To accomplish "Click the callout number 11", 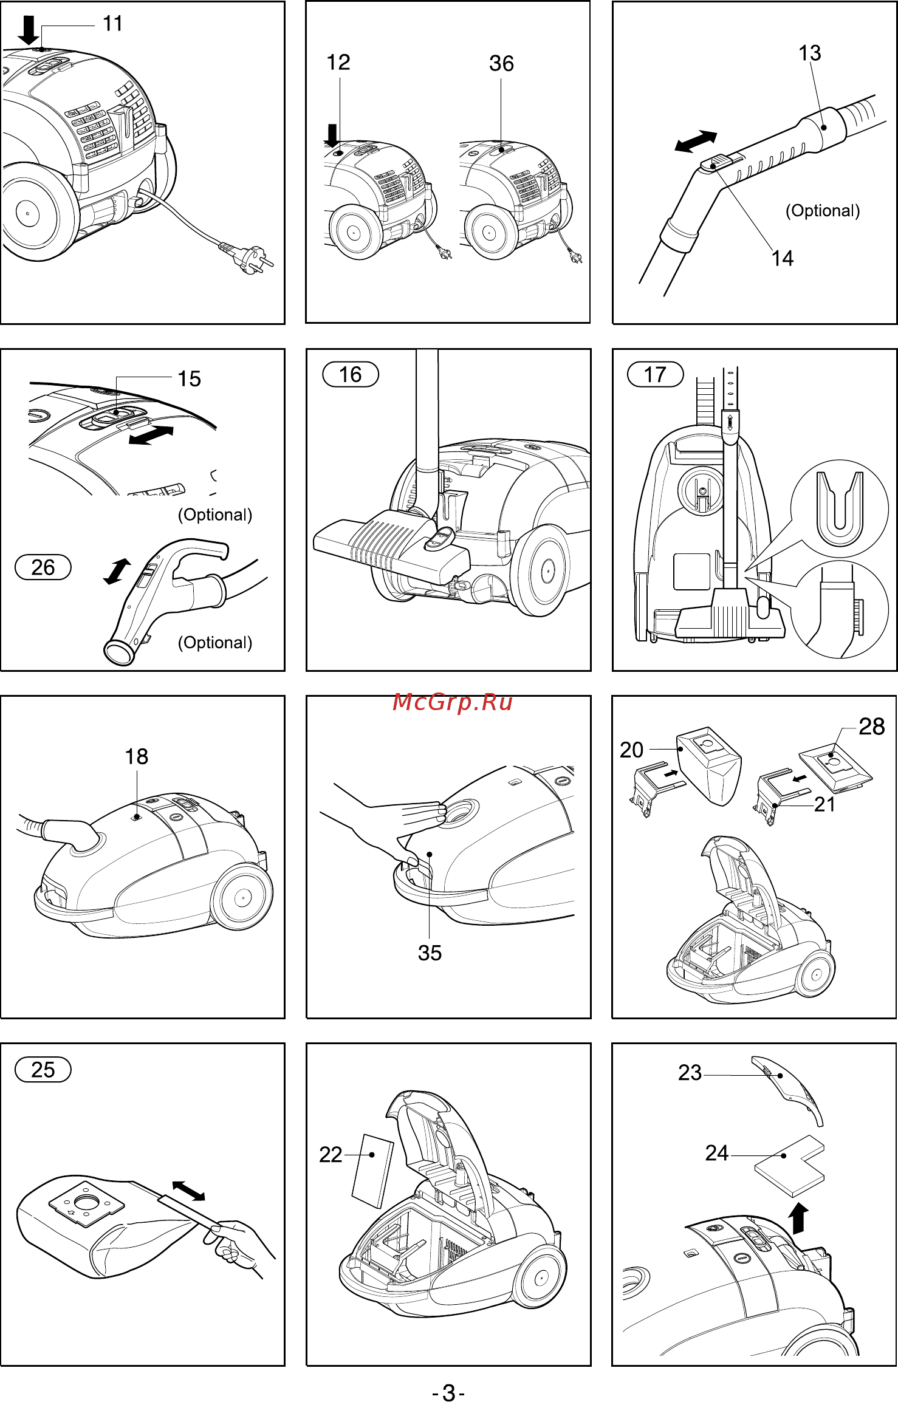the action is point(113,24).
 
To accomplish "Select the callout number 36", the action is point(501,63).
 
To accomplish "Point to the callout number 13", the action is point(809,53).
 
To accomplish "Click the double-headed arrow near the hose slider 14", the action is point(696,142).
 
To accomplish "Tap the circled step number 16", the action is point(351,374).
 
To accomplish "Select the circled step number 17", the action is point(656,374).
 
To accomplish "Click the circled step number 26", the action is point(43,567).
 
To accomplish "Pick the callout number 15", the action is point(189,378).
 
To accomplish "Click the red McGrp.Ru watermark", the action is point(453,702).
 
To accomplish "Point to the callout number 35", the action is point(430,952).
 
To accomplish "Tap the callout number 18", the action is point(137,757).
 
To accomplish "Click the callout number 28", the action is point(872,727).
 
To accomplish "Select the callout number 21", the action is point(824,804).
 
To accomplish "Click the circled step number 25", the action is point(43,1070).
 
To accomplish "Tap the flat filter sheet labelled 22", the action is point(372,1171).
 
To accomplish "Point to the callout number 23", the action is point(690,1073).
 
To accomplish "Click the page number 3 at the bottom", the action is point(449,1388).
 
